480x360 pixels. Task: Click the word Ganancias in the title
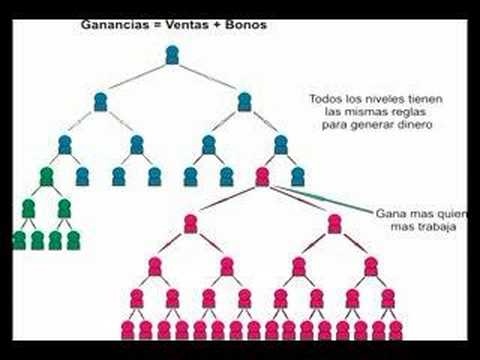[115, 25]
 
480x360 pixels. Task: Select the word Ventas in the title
[188, 25]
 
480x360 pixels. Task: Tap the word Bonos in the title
[246, 25]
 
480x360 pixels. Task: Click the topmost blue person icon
[172, 55]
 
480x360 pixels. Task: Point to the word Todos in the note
[326, 99]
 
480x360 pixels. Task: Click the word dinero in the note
[415, 125]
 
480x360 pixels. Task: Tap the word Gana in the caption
[388, 213]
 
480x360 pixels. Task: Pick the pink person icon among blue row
[262, 177]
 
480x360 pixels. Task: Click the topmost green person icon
[46, 177]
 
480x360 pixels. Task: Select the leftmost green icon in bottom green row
[19, 240]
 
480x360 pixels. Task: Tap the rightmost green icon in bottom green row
[73, 240]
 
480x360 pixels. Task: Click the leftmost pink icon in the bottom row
[127, 330]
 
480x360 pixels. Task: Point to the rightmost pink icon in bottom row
[396, 330]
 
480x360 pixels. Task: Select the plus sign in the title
[217, 25]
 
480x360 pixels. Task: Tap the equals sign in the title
[157, 25]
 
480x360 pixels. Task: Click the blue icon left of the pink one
[227, 177]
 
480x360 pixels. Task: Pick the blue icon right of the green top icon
[82, 177]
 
